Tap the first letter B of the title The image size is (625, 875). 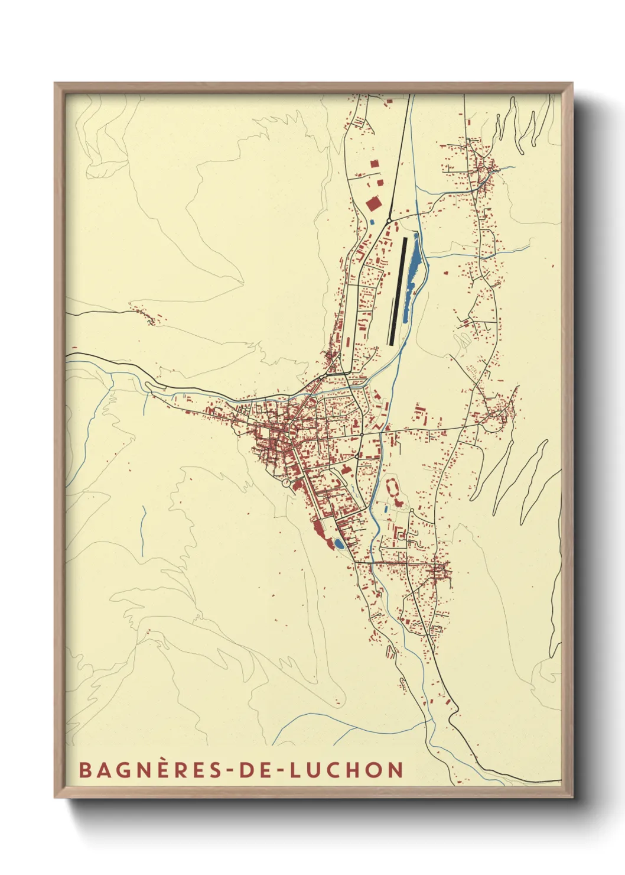[85, 770]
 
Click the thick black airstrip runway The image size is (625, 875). [398, 290]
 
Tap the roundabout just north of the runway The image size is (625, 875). [389, 221]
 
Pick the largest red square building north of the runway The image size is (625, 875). [373, 204]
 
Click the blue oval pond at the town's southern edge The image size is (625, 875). [338, 542]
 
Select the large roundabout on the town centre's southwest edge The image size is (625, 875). [287, 483]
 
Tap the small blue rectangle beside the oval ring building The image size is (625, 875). [385, 508]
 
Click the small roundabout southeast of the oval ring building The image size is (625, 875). [412, 510]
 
